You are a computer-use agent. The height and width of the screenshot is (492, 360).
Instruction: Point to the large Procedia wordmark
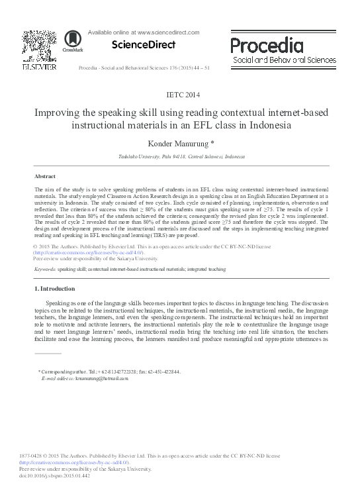coord(267,46)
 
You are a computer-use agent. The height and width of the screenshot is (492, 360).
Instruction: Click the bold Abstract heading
coord(45,177)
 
